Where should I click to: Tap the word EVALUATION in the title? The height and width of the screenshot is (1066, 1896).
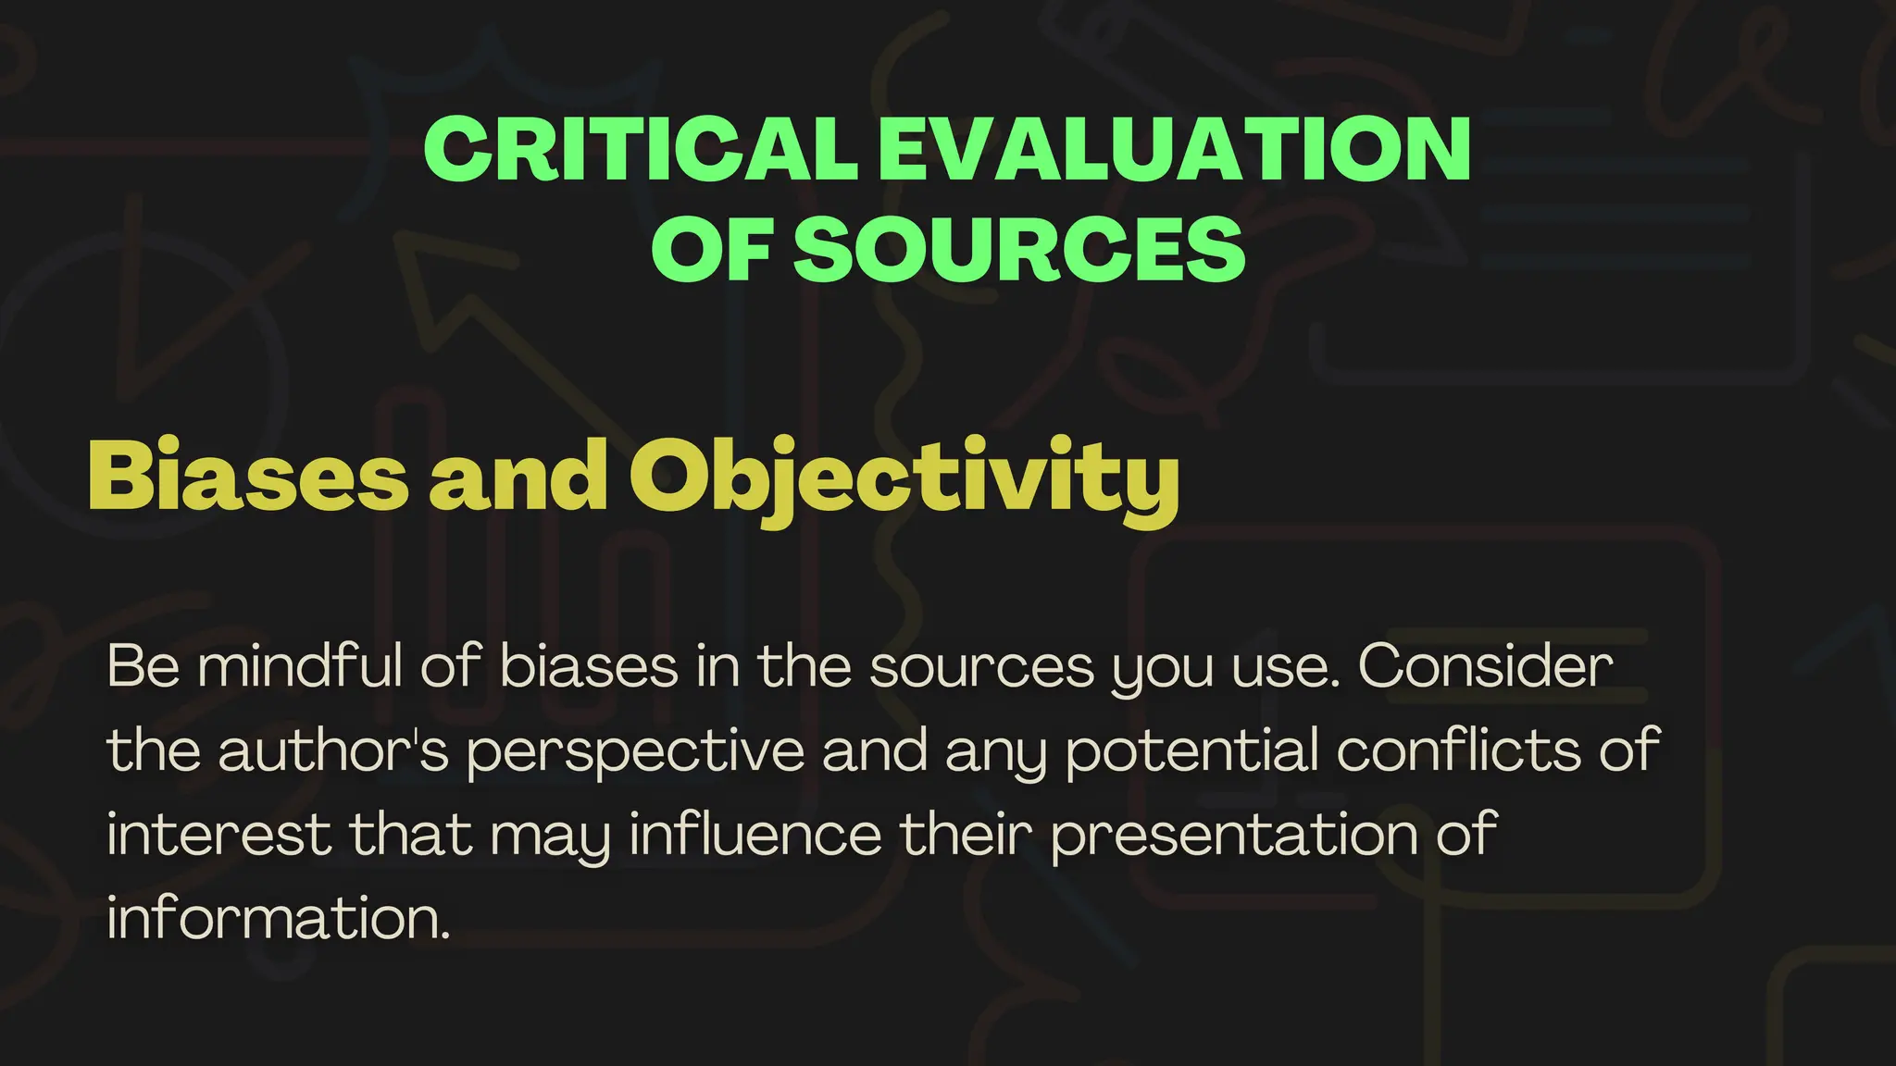click(1174, 150)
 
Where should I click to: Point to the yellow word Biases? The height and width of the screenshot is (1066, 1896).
click(247, 476)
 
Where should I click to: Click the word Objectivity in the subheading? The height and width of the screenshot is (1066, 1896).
click(904, 477)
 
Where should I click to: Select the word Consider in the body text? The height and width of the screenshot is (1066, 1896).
click(1486, 665)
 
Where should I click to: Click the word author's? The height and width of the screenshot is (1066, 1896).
click(333, 750)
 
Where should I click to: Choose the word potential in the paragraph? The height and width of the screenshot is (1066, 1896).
click(1192, 750)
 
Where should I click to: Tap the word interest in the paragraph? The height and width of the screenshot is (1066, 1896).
click(219, 834)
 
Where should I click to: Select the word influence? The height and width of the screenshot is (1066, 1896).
click(755, 834)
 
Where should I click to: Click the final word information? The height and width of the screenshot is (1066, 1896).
click(279, 918)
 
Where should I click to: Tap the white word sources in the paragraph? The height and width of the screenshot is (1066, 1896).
click(981, 667)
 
